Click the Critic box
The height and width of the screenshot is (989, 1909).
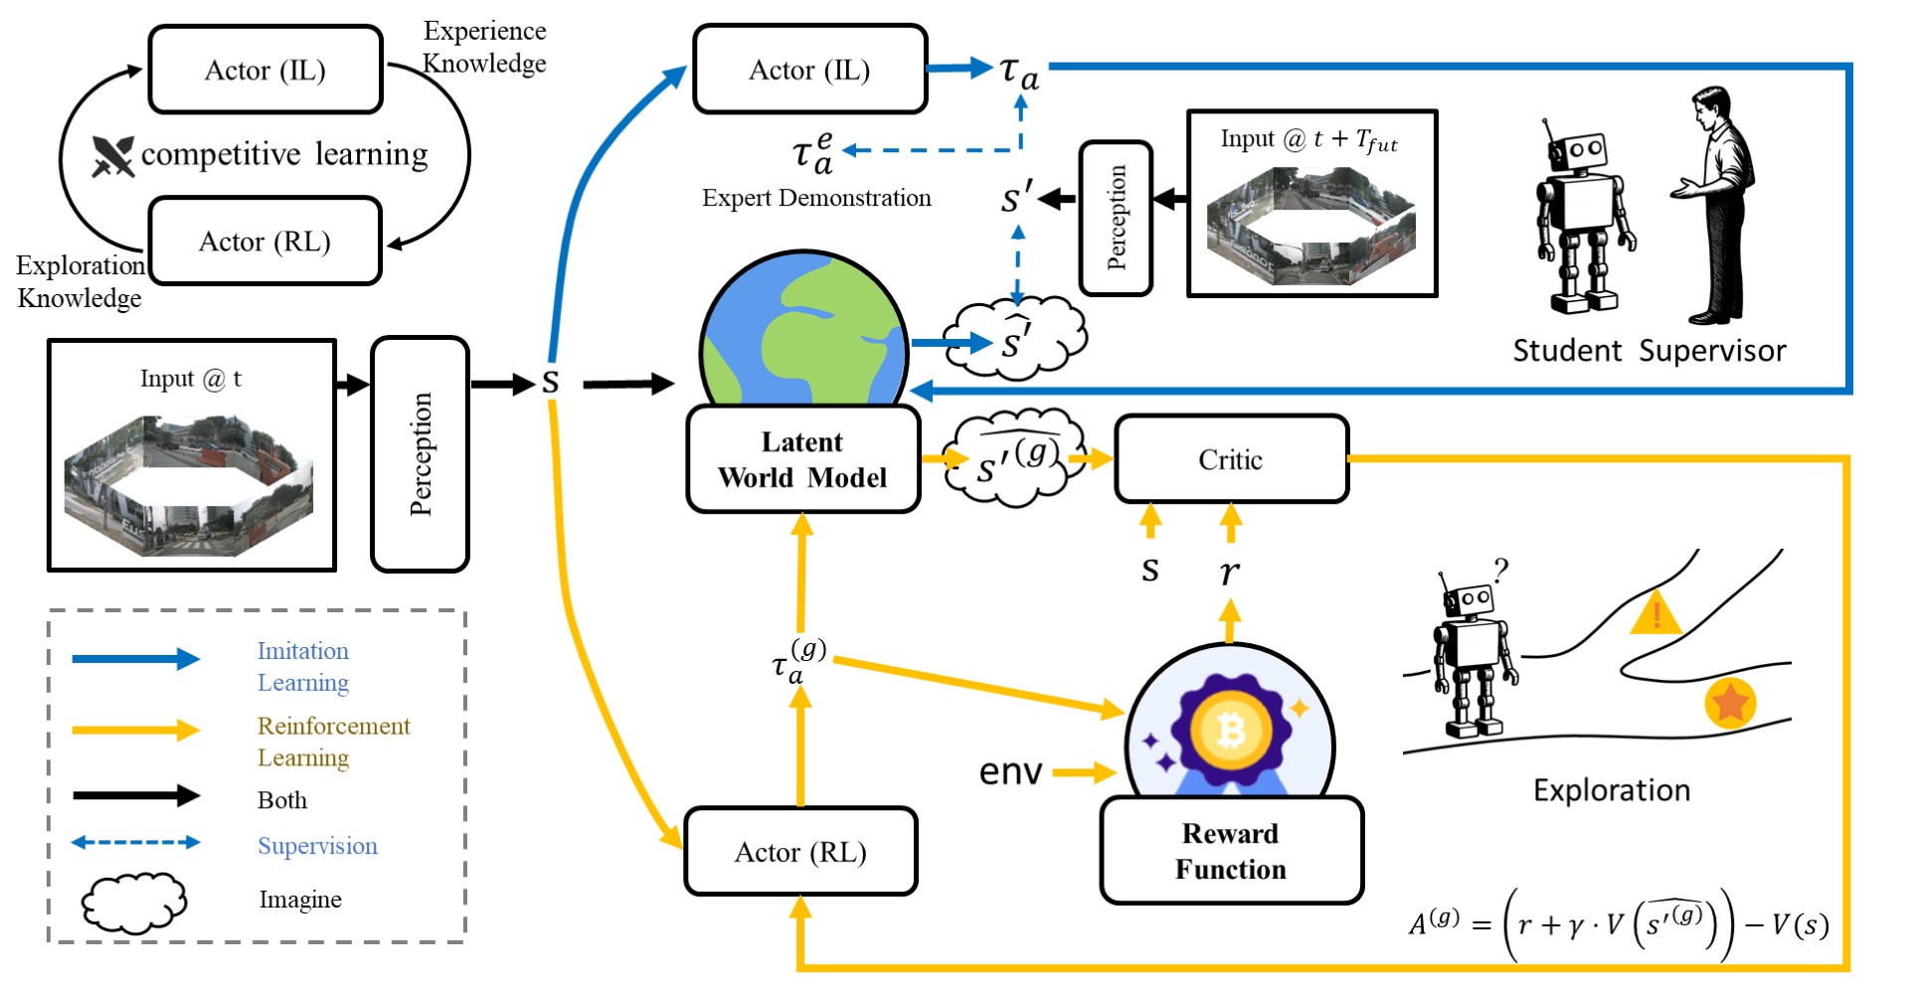pos(1231,459)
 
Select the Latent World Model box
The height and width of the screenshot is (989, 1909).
pos(802,459)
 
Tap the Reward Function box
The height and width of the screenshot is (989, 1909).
pos(1231,851)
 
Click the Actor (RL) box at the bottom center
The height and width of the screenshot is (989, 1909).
pos(800,852)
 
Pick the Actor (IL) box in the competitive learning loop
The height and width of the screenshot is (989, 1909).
pos(265,70)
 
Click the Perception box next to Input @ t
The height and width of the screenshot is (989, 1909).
pos(420,454)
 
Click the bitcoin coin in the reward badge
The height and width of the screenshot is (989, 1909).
pos(1230,731)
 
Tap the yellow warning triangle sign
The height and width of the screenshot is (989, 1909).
pos(1655,612)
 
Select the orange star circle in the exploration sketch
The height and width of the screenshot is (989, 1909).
pos(1729,702)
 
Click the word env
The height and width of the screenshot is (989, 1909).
pos(1010,771)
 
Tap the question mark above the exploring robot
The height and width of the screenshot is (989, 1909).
pos(1500,570)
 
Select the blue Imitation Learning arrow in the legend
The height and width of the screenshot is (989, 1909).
pos(135,658)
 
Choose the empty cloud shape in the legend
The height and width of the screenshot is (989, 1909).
pos(133,902)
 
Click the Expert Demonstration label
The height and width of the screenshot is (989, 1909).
pos(816,198)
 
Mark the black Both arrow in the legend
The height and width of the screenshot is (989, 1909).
pos(135,795)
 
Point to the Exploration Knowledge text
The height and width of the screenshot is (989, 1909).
pos(80,281)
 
